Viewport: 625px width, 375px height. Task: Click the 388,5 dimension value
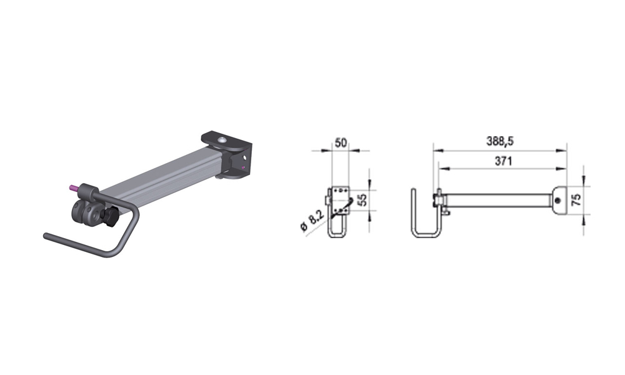tap(500, 141)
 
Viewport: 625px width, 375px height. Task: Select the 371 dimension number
tap(503, 161)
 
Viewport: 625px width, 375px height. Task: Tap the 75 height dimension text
tap(576, 200)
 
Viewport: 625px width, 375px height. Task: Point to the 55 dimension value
tap(362, 199)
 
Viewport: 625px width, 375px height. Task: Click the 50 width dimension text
tap(341, 142)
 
